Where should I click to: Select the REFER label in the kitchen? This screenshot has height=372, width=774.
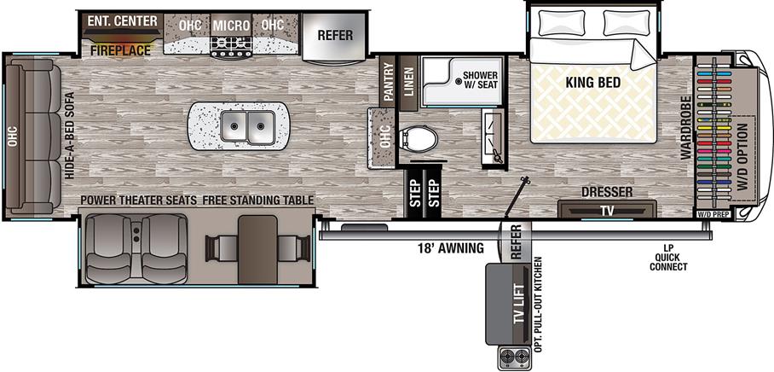coord(335,36)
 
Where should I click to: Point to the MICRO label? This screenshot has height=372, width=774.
coord(230,25)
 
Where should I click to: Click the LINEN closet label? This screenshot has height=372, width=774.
coord(407,85)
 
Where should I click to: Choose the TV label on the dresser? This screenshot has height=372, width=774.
coord(606,210)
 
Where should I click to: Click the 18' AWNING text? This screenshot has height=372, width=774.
coord(451,248)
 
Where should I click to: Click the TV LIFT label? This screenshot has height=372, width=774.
coord(516,302)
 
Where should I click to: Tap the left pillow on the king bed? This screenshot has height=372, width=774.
coord(560,20)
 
